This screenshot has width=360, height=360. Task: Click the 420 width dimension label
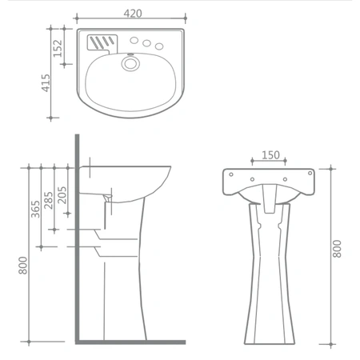133,14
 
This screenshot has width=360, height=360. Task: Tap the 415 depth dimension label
46,83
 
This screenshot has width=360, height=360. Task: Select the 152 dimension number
58,48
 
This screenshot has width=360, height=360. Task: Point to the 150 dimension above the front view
270,155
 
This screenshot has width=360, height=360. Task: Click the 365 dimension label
35,209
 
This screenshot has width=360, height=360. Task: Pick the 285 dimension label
49,200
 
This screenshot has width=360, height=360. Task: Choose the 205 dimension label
62,195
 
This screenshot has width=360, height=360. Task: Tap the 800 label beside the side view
23,266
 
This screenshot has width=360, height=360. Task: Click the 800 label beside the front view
337,249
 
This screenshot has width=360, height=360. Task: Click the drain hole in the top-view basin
130,63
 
